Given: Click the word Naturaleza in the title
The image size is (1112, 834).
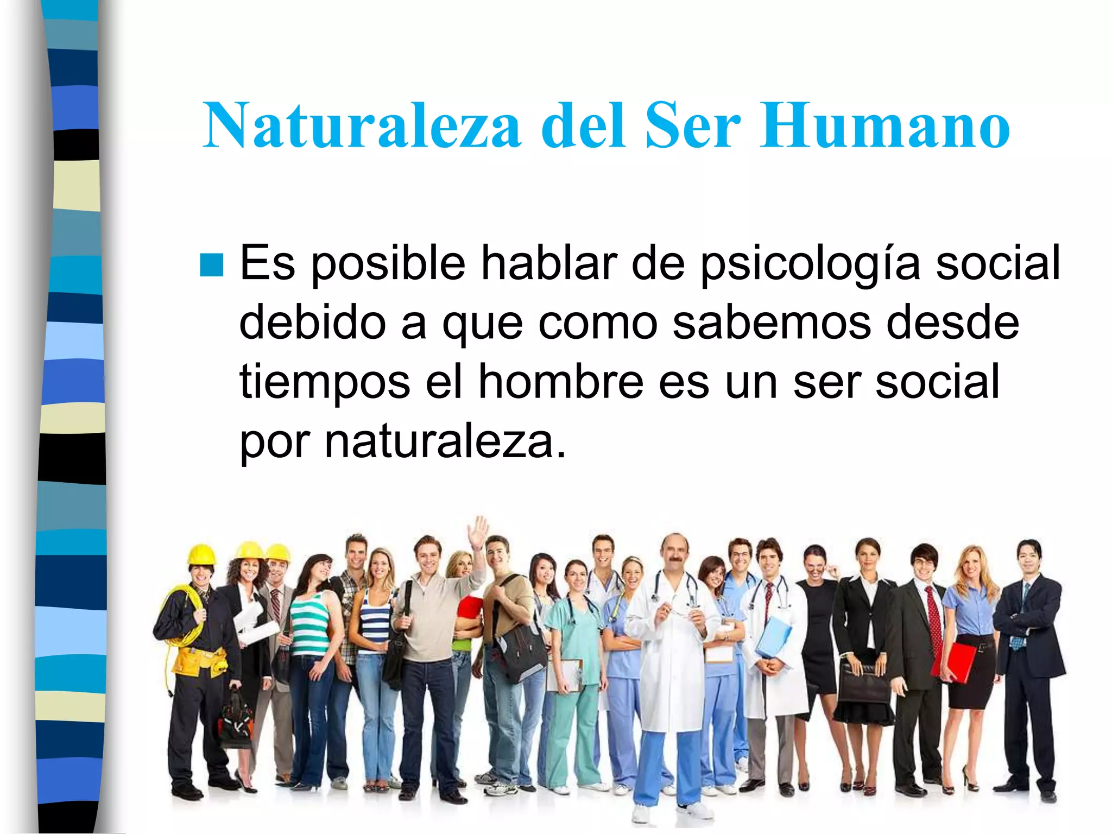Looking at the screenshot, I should point(361,126).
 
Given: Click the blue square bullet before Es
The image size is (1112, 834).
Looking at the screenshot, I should point(211,266).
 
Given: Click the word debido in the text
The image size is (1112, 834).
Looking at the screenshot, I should point(312,323).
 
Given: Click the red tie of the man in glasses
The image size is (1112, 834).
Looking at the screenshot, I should point(933,614).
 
